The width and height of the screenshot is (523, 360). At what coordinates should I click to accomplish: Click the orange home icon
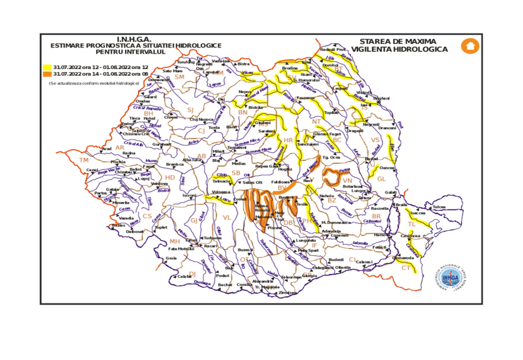[470, 46]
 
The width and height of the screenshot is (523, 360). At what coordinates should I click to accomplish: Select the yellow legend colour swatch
[47, 67]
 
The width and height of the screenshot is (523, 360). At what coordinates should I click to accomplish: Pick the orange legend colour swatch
[47, 74]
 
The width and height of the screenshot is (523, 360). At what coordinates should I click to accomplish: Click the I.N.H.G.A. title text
[134, 39]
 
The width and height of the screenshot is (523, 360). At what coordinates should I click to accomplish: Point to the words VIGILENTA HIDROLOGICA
[400, 49]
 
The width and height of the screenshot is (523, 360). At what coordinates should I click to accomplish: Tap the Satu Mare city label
[173, 71]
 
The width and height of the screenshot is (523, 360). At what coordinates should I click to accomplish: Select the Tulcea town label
[439, 207]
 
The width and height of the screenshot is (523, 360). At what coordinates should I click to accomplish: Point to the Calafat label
[184, 276]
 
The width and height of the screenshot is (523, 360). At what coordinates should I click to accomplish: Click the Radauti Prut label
[333, 50]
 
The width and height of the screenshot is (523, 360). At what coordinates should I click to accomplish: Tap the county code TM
[84, 160]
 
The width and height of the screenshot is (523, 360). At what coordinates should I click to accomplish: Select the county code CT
[406, 268]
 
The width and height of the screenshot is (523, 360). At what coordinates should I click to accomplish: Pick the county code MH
[174, 241]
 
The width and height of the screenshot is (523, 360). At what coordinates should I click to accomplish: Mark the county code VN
[348, 181]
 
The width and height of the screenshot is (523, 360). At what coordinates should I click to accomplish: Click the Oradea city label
[143, 101]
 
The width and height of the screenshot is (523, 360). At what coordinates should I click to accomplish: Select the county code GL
[381, 179]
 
